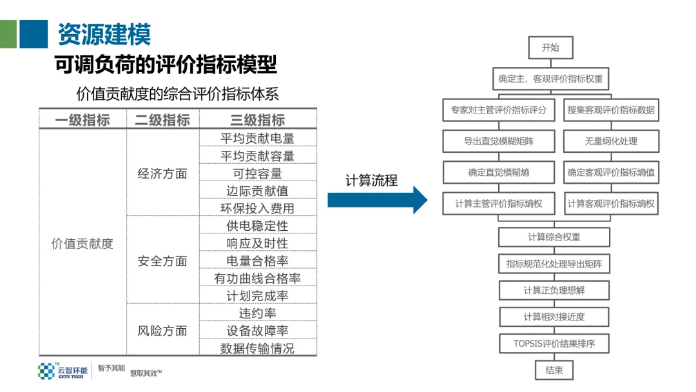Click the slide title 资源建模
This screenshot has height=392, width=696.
coord(104,35)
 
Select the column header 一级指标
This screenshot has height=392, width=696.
coord(82,120)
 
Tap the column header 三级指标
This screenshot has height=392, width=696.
coord(258,120)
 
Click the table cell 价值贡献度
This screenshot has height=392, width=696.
coord(82,243)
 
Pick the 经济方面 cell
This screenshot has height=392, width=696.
coord(162,173)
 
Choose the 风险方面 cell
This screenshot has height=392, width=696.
coord(162,331)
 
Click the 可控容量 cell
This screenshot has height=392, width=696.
coord(258,173)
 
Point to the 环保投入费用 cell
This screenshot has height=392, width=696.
coord(258,208)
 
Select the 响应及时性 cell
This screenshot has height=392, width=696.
coord(258,243)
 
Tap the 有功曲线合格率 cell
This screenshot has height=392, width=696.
coord(258,279)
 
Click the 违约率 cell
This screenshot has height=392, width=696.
coord(258,313)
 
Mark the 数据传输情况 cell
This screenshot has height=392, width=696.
coord(258,348)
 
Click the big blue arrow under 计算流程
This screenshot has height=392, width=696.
coord(377,201)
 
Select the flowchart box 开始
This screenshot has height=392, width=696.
coord(550,47)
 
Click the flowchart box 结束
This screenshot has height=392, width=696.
coord(554,370)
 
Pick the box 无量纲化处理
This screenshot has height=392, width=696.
coord(611,141)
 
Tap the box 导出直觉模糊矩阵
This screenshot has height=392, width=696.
coord(499,141)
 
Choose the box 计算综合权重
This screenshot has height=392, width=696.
coord(554,237)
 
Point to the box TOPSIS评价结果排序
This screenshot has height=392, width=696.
coord(554,344)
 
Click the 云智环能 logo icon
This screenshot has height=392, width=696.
coord(46,371)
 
